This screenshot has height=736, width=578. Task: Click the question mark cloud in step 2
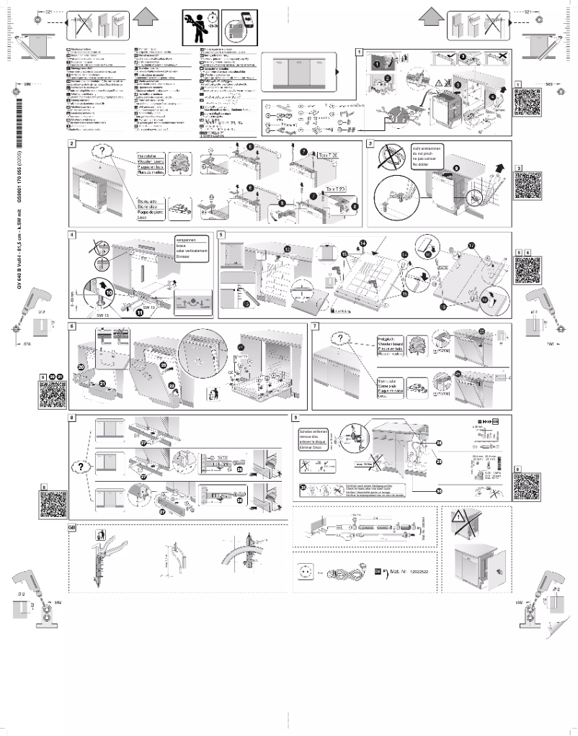click(104, 153)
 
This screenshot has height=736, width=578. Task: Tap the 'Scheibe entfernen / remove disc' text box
click(312, 436)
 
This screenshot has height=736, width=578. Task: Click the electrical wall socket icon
click(305, 573)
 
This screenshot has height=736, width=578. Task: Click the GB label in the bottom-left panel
click(71, 529)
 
